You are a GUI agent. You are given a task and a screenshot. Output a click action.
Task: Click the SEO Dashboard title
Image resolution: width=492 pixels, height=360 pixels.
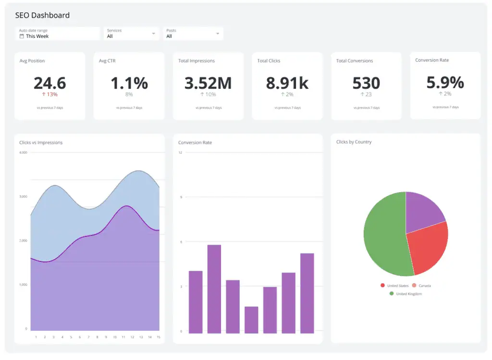(42, 15)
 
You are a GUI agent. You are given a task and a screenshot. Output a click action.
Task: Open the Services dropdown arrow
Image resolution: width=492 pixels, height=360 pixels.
(154, 34)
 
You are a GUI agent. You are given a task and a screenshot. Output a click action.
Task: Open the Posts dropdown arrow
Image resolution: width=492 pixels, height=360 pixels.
(218, 34)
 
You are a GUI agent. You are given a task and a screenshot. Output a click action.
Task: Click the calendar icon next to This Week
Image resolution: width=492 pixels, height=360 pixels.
(22, 37)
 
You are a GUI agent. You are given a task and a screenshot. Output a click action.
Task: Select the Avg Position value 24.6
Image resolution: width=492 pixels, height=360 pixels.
(49, 83)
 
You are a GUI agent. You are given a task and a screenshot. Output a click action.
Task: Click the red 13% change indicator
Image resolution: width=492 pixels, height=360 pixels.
(49, 95)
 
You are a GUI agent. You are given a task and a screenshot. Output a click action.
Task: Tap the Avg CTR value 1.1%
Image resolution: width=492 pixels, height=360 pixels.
(129, 83)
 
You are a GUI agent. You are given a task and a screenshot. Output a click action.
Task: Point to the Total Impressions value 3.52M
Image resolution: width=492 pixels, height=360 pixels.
(208, 83)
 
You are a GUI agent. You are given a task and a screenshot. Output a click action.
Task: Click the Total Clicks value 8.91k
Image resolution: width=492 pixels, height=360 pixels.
(287, 83)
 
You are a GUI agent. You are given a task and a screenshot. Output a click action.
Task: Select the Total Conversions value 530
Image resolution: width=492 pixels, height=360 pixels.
(366, 83)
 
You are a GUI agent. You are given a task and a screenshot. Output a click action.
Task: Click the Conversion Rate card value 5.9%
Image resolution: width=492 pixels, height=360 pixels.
(445, 83)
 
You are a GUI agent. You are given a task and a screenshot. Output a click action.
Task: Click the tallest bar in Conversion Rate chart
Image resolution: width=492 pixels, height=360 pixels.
(214, 288)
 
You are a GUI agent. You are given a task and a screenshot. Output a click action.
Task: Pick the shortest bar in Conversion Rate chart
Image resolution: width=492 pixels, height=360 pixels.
(251, 320)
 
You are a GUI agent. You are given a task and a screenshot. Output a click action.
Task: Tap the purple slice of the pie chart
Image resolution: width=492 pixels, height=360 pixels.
(423, 209)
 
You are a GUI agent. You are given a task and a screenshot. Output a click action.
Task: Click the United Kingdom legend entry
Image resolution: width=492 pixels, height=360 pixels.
(406, 294)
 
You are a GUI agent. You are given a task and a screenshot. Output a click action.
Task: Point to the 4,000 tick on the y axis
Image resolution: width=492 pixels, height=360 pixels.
(23, 152)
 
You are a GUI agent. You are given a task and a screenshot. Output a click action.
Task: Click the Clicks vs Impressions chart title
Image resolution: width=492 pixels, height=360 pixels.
(41, 143)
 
